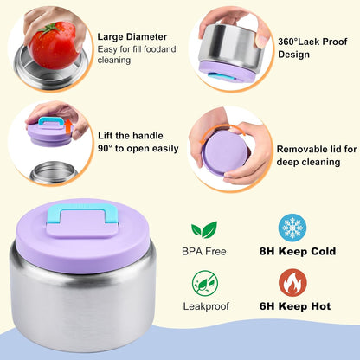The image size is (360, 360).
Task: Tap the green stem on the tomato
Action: point(48,29)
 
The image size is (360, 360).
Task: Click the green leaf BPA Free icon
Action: point(204,229)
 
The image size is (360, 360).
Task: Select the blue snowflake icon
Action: point(292,228)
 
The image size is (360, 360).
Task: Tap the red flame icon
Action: point(292,283)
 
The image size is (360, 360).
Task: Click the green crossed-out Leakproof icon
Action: point(205,283)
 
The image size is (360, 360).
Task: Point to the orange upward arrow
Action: point(68,127)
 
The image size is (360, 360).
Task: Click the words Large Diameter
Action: point(132,37)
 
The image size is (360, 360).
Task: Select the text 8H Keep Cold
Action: point(298,251)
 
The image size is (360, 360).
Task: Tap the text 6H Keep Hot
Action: point(295,306)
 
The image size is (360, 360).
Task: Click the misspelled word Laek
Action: point(309,42)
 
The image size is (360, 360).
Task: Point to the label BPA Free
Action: point(204,252)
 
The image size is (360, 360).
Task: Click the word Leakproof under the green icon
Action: point(206,306)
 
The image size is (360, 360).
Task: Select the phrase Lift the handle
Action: point(131,136)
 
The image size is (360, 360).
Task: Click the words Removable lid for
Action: point(317,149)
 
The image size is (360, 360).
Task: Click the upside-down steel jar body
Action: point(232,45)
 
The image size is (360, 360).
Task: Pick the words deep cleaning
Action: point(308,162)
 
